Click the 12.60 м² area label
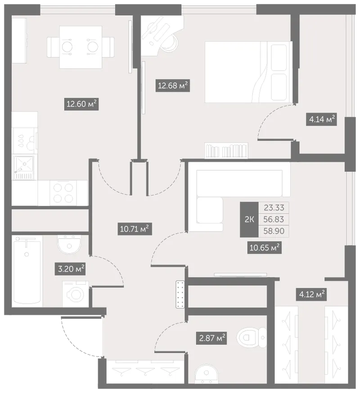(81, 104)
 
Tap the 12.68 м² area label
(173, 85)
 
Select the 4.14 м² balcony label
(322, 119)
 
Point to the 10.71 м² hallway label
(135, 229)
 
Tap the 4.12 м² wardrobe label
(311, 294)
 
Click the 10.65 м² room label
(265, 248)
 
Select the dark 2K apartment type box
(249, 219)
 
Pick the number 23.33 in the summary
(274, 208)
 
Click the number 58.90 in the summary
(274, 231)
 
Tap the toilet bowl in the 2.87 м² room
(252, 338)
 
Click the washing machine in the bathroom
(76, 294)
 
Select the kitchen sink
(24, 167)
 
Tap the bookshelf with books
(226, 151)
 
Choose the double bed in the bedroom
(248, 72)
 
